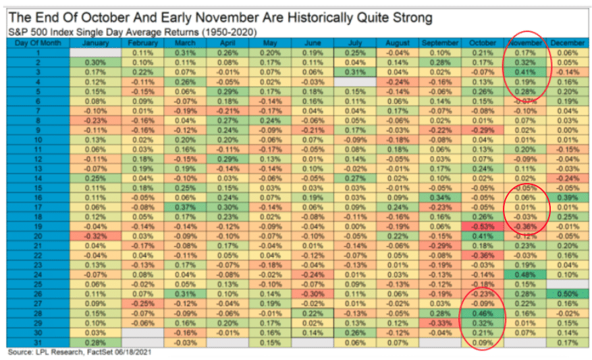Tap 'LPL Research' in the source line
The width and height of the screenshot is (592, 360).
point(57,353)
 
